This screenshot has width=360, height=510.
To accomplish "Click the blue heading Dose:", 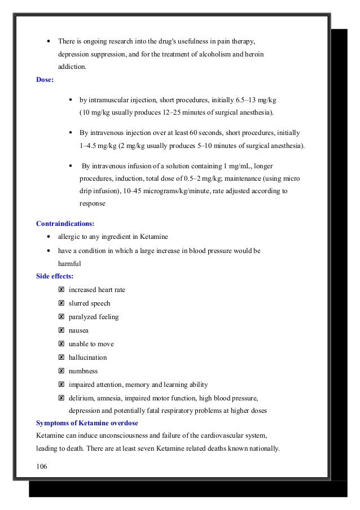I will pos(45,80).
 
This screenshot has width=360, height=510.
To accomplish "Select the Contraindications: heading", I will pos(65,223).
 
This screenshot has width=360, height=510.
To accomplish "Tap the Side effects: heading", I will pos(55,276).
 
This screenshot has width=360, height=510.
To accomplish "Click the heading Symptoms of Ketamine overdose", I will pos(87,423).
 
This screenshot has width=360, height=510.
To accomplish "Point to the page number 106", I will pos(42,466).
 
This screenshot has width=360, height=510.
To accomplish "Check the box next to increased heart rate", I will pos(61,290).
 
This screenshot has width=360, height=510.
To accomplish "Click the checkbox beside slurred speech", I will pos(61,303).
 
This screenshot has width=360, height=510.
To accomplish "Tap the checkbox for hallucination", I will pos(61,358).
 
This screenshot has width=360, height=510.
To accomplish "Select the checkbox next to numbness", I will pos(61,371).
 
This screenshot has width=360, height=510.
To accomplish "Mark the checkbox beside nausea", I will pos(61,330).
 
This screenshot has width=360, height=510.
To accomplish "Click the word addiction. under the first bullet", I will pos(72,67).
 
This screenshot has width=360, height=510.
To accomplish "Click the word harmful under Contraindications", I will pos(70,263).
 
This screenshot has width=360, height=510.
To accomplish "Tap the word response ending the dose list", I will pos(92,203).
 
